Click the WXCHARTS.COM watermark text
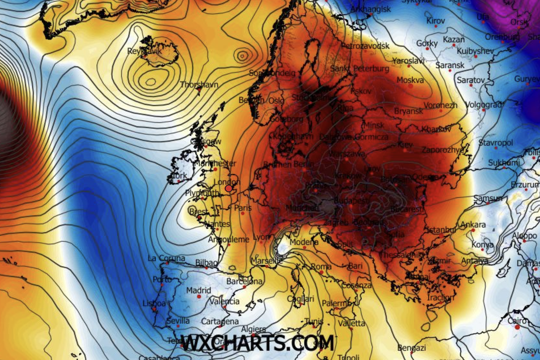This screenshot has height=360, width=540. click(257, 343)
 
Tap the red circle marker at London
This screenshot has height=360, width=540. click(229, 189)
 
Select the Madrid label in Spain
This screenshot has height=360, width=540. click(198, 290)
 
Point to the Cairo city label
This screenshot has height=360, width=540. click(517, 321)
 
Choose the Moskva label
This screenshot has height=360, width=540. click(410, 80)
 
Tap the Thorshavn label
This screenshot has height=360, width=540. click(198, 84)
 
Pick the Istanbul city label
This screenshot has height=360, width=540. click(441, 230)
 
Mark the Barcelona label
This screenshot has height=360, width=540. click(244, 282)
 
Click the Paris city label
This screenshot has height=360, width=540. click(243, 208)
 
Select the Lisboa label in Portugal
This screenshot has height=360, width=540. click(153, 303)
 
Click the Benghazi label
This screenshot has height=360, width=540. click(412, 348)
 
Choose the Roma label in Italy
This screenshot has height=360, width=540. click(321, 266)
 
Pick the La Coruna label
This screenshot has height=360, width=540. click(166, 258)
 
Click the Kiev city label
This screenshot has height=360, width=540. click(405, 145)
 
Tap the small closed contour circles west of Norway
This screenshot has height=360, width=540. click(243, 55)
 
